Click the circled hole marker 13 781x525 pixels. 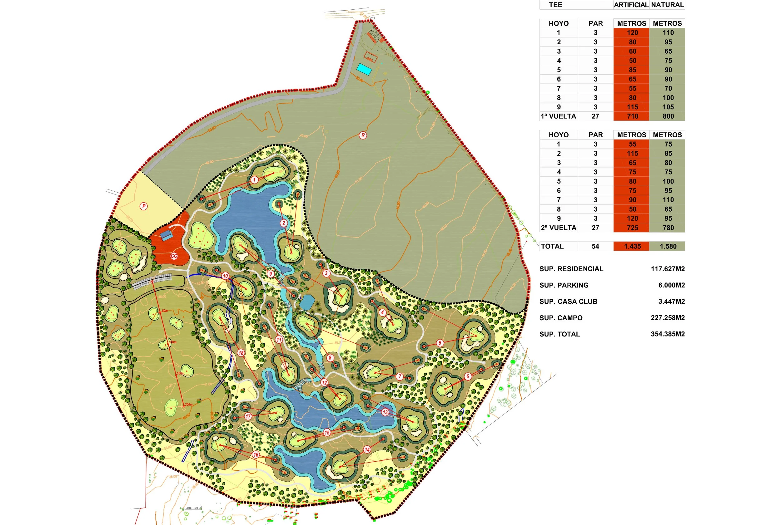(385, 412)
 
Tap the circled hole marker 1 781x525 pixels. (254, 180)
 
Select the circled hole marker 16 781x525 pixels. (256, 454)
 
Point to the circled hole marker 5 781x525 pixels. (440, 342)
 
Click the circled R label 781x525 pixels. (363, 135)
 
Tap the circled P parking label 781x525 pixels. (144, 206)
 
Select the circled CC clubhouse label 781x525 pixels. (174, 256)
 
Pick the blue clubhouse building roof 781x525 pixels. (166, 235)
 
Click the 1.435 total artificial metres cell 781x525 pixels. (632, 247)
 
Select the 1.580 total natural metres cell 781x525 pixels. (668, 247)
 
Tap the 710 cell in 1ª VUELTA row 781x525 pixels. (632, 116)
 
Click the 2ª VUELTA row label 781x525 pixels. (559, 228)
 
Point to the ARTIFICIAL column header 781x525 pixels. (631, 5)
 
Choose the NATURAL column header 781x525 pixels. (667, 5)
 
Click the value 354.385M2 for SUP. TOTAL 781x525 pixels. (667, 334)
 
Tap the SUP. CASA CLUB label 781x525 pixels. (568, 301)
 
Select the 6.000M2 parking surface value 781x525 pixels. (671, 285)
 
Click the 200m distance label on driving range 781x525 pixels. (189, 405)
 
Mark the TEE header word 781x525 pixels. (555, 5)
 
